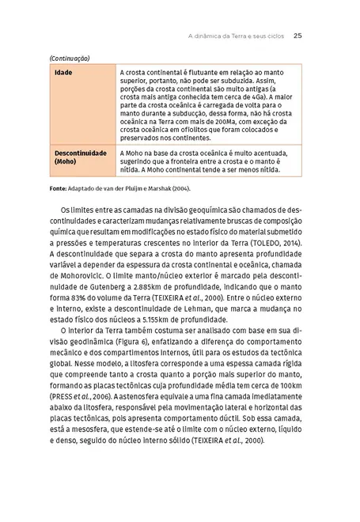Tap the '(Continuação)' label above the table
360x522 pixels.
[69, 59]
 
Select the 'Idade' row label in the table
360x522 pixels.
[63, 72]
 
